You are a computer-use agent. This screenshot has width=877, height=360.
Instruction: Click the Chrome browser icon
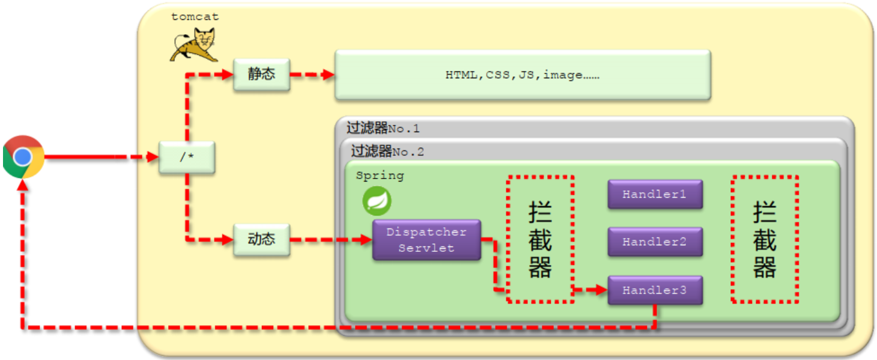click(23, 157)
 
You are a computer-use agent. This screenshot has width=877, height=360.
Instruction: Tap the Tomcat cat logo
click(193, 46)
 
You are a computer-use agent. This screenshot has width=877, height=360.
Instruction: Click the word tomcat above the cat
click(195, 17)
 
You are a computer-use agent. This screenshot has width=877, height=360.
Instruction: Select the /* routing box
click(186, 158)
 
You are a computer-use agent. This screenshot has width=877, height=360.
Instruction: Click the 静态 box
click(261, 75)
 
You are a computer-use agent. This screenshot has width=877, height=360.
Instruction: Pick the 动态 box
click(261, 239)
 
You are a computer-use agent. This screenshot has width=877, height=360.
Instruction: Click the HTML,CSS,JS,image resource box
click(522, 75)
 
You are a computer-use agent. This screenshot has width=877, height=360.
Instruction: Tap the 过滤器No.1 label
click(383, 128)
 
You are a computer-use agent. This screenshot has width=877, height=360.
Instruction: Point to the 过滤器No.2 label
click(387, 151)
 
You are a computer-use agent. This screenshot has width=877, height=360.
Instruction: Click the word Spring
click(380, 175)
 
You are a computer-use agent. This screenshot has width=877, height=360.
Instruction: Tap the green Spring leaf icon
click(377, 201)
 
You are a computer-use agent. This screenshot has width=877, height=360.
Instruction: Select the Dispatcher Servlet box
click(426, 240)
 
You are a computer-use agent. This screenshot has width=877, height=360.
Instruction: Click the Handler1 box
click(654, 194)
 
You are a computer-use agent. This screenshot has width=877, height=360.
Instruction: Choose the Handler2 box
click(654, 242)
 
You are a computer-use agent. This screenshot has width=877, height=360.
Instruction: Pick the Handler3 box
click(654, 290)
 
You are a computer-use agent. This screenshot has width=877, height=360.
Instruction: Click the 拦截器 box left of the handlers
click(540, 239)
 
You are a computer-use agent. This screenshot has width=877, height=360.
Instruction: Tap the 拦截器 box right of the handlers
click(765, 239)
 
